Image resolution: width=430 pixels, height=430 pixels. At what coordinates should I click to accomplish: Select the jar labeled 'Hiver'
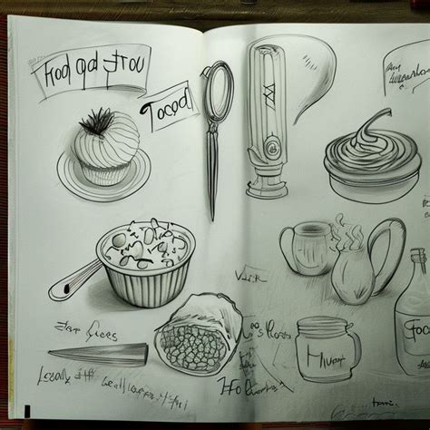click(x=326, y=350)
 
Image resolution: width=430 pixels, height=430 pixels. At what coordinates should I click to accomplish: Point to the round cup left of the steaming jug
click(x=304, y=249)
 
